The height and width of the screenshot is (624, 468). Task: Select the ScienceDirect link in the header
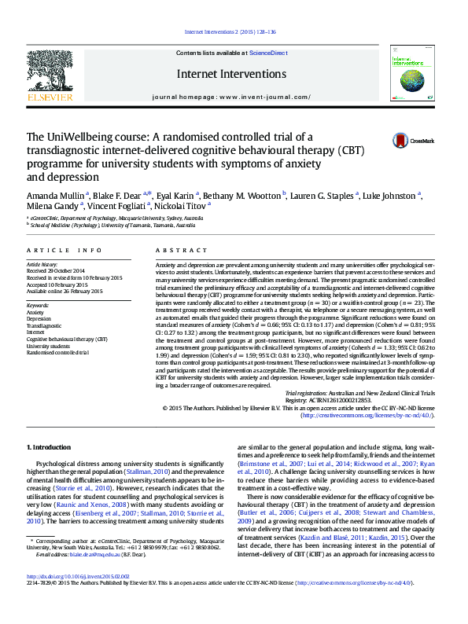tap(268, 52)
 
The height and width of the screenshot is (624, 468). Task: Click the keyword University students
tap(48, 346)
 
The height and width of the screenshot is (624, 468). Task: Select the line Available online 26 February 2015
tap(64, 291)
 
